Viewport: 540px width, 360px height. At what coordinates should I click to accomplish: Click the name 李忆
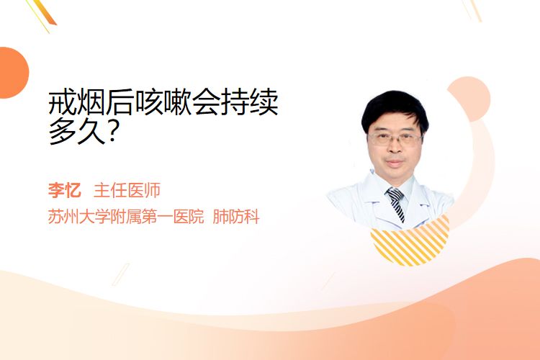coord(64,190)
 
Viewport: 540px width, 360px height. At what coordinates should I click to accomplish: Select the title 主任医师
coord(127,190)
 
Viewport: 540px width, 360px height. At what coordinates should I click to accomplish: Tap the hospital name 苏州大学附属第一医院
coord(126,216)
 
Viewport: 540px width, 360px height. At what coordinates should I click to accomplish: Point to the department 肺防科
coord(236,216)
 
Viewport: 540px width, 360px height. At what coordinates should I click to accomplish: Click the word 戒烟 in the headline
coord(76,103)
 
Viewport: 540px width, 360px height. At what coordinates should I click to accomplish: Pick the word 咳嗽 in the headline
coord(163,103)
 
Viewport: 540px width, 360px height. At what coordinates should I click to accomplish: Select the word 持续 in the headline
coord(249,103)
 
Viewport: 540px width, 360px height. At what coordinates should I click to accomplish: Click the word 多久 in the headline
coord(76,132)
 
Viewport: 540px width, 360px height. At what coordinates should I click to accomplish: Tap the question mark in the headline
coord(113,132)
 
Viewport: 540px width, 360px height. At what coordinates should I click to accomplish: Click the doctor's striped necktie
coord(397,204)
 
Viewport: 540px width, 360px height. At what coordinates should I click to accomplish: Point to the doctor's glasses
coord(395,139)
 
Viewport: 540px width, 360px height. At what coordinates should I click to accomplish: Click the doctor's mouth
coord(395,162)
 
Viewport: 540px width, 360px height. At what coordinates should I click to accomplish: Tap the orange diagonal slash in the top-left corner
coord(45,12)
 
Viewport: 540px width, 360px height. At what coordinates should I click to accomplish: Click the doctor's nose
coord(395,148)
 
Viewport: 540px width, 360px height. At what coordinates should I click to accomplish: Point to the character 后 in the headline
coord(120,103)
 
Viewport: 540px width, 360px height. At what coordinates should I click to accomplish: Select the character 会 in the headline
coord(206,103)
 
